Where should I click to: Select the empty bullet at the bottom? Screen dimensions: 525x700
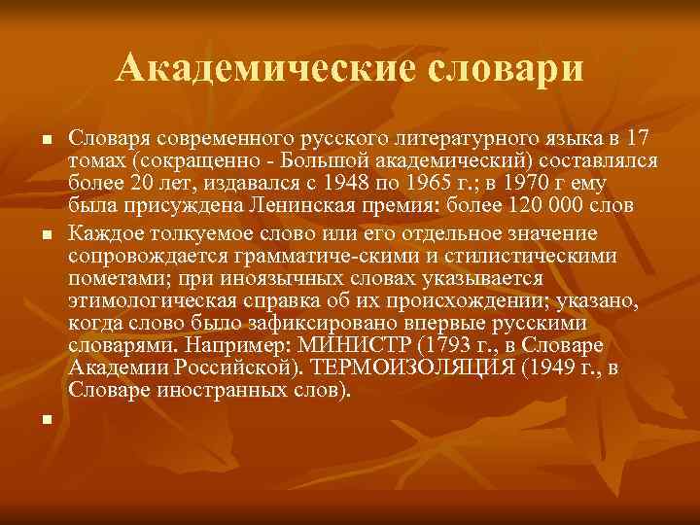coord(45,421)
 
